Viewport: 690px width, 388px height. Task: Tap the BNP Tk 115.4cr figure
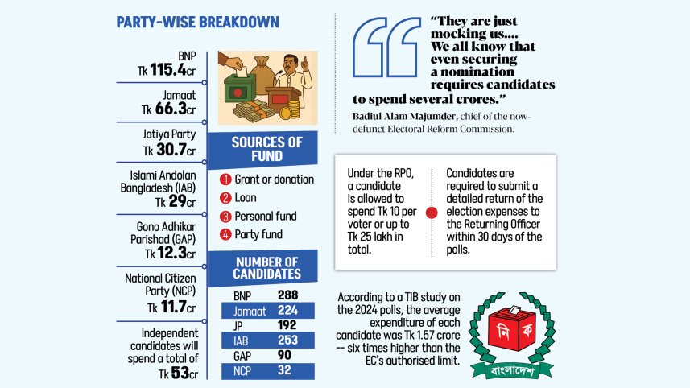tap(167, 71)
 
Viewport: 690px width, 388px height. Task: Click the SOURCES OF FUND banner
tap(266, 149)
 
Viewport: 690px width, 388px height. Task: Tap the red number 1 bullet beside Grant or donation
tap(226, 180)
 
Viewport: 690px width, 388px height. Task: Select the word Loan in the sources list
tap(246, 198)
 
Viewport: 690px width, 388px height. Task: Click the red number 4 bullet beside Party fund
tap(226, 235)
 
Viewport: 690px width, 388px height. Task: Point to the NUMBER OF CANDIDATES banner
tap(266, 268)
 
